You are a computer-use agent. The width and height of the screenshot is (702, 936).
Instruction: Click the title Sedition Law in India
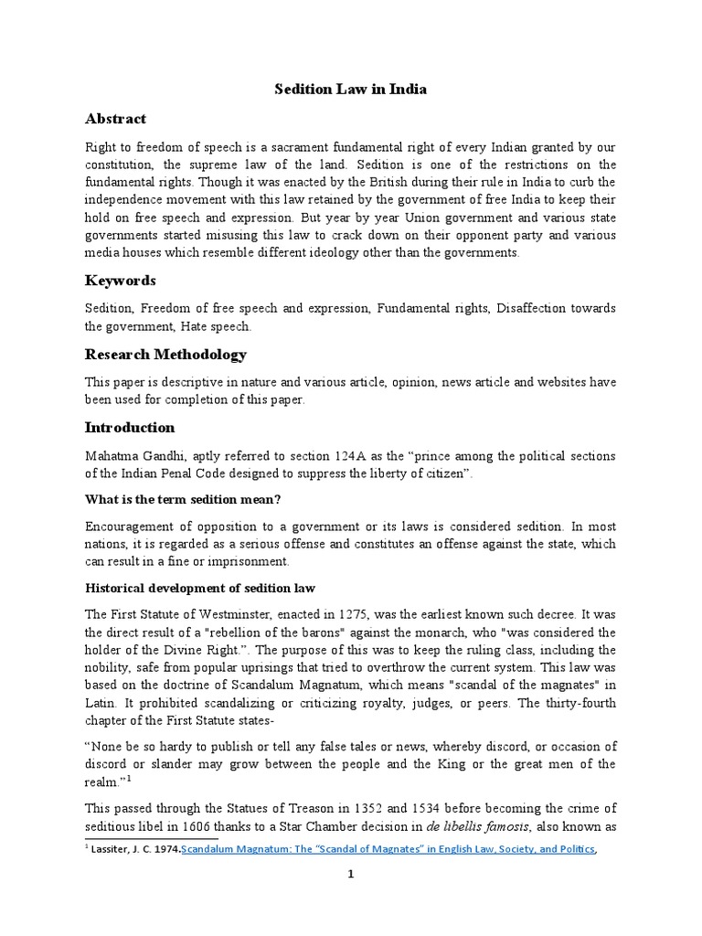[x=352, y=90]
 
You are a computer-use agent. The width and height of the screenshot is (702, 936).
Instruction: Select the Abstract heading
[x=115, y=119]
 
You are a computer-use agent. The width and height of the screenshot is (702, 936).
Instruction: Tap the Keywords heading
[x=121, y=280]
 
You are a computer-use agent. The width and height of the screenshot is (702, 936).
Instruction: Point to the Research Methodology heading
[x=165, y=354]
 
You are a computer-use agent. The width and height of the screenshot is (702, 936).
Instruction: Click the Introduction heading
[x=130, y=427]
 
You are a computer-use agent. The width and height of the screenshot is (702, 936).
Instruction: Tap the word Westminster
[x=264, y=616]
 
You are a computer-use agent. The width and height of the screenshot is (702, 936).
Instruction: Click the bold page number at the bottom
[x=351, y=899]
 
